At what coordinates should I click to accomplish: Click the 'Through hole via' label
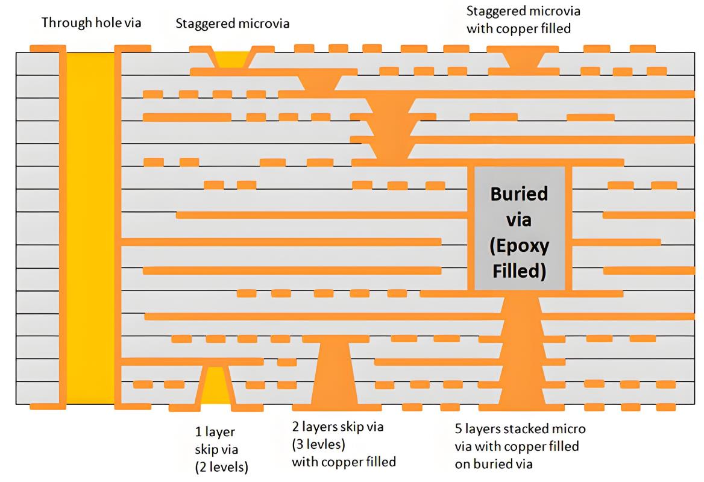tap(91, 22)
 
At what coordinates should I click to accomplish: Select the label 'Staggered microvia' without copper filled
tap(232, 23)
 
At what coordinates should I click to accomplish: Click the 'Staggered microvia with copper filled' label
tap(523, 20)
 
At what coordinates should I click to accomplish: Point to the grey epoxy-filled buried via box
tap(520, 228)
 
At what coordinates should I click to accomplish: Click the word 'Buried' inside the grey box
tap(519, 194)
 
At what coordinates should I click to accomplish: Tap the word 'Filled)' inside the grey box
tap(519, 271)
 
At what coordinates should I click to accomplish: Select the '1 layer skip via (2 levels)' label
tap(221, 449)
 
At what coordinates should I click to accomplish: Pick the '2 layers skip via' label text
tap(338, 427)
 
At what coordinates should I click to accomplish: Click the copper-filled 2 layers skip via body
tap(335, 372)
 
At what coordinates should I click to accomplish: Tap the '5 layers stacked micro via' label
tap(520, 437)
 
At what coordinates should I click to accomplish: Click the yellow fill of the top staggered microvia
tap(231, 60)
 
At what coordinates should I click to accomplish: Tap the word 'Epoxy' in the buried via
tap(519, 246)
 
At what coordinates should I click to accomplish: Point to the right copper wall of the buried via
tap(568, 228)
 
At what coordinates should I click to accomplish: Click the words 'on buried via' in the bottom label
tap(494, 463)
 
